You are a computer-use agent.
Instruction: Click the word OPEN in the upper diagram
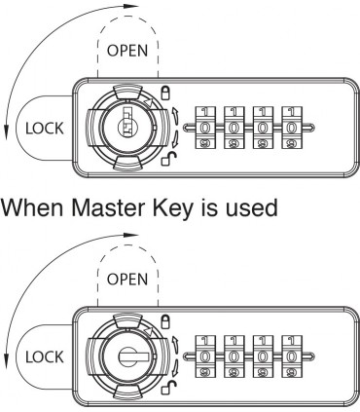tap(127, 51)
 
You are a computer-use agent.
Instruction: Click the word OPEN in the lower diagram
tap(127, 280)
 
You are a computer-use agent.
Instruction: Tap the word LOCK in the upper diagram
tap(45, 129)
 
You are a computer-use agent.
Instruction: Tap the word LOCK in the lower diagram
tap(45, 357)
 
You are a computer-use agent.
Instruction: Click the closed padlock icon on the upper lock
tap(165, 93)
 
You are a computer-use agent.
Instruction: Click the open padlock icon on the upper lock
tap(169, 159)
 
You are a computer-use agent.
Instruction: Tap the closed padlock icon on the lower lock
tap(165, 321)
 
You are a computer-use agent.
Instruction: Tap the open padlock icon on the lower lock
tap(169, 388)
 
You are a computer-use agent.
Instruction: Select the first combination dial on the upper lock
tap(204, 128)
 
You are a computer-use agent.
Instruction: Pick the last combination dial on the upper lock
tap(292, 128)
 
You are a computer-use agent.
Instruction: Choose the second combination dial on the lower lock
tap(234, 356)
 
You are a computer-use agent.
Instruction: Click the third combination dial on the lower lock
tap(263, 356)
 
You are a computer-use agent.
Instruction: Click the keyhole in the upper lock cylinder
tap(127, 122)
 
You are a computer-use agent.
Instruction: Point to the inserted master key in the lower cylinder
tap(133, 356)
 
